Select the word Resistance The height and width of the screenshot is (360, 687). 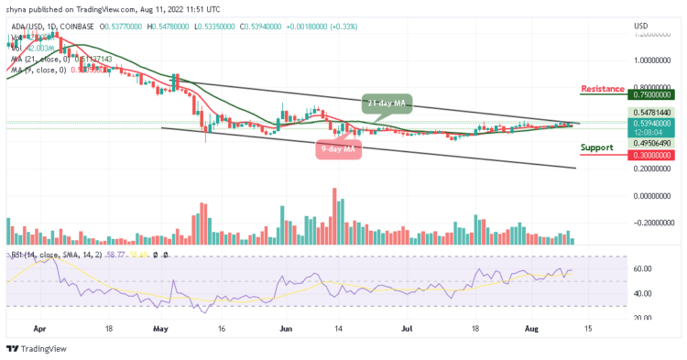602,89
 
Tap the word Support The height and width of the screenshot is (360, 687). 596,147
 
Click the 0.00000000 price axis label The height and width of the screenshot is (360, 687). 653,196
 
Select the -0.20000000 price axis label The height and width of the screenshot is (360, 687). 653,223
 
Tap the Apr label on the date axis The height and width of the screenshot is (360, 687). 38,326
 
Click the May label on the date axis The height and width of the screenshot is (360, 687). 161,326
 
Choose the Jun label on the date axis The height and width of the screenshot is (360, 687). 285,326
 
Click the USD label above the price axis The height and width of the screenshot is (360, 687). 641,26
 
